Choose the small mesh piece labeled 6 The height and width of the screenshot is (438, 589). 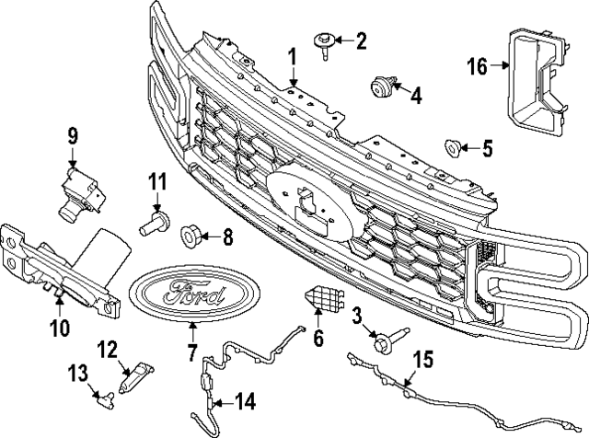tap(321, 299)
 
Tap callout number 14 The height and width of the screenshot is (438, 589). tap(244, 400)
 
